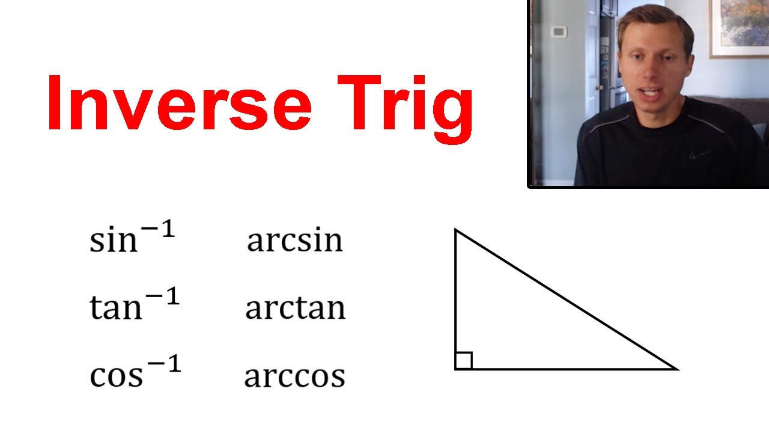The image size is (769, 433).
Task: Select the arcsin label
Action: click(x=294, y=241)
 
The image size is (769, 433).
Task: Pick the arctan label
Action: click(x=295, y=308)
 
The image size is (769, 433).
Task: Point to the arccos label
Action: click(x=294, y=376)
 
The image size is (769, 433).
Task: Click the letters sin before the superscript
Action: click(x=113, y=241)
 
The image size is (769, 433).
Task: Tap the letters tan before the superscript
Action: click(x=115, y=308)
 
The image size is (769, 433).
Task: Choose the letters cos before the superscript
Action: click(x=116, y=376)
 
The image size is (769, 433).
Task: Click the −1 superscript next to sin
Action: click(x=157, y=231)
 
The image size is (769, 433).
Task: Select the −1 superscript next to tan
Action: click(x=161, y=298)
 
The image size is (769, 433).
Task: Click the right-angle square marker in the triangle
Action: click(x=463, y=361)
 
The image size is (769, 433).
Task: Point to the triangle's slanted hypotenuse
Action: click(x=565, y=299)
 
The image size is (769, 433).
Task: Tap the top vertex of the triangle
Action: click(x=456, y=230)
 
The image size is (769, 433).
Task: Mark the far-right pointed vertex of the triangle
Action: click(x=676, y=369)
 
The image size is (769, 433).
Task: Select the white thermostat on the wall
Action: click(x=558, y=31)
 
